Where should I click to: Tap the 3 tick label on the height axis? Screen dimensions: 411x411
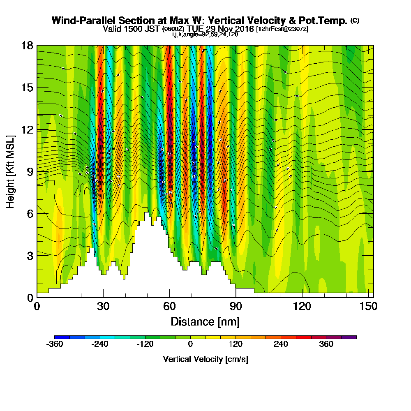(x=30, y=255)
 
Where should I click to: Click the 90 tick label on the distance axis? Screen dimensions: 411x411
(x=236, y=306)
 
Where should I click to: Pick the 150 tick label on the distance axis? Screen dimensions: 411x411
(x=366, y=306)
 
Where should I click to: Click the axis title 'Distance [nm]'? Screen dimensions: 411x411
(x=205, y=321)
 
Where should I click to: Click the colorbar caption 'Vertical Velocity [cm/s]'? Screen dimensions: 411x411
(x=205, y=359)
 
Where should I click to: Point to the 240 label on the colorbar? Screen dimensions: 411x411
(x=281, y=344)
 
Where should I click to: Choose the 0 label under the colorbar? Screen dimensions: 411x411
(x=190, y=344)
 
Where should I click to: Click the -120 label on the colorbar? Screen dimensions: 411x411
(x=145, y=344)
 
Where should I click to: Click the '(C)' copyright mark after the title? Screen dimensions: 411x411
(x=354, y=20)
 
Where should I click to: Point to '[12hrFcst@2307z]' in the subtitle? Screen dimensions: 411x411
(x=282, y=29)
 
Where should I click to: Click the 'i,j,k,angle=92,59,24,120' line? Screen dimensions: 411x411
(x=205, y=35)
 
